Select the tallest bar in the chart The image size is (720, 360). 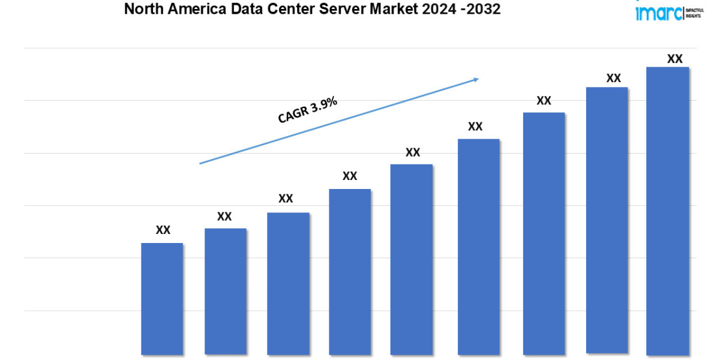click(x=667, y=210)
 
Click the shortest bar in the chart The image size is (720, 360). click(x=162, y=298)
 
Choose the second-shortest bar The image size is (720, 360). click(x=225, y=291)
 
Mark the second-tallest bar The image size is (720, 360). click(x=607, y=220)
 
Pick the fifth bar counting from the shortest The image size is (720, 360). click(x=412, y=259)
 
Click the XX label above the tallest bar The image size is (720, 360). click(x=674, y=59)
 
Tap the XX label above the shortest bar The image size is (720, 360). click(x=163, y=230)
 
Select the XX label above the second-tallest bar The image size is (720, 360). click(x=613, y=78)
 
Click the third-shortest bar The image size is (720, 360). click(x=288, y=283)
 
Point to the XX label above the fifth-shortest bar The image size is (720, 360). click(x=412, y=152)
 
